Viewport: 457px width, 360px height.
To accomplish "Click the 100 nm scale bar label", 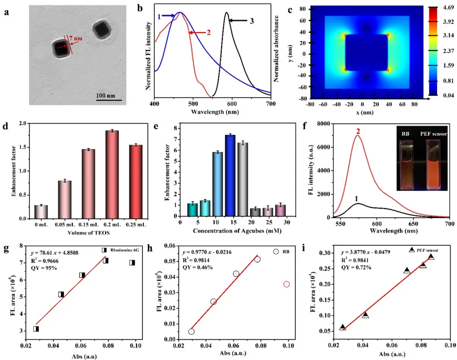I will coord(108,95).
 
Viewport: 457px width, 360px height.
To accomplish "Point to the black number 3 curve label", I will coord(252,19).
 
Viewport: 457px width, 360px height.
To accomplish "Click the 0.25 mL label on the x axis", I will coord(136,224).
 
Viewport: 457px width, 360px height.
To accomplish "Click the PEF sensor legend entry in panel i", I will coord(425,250).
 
